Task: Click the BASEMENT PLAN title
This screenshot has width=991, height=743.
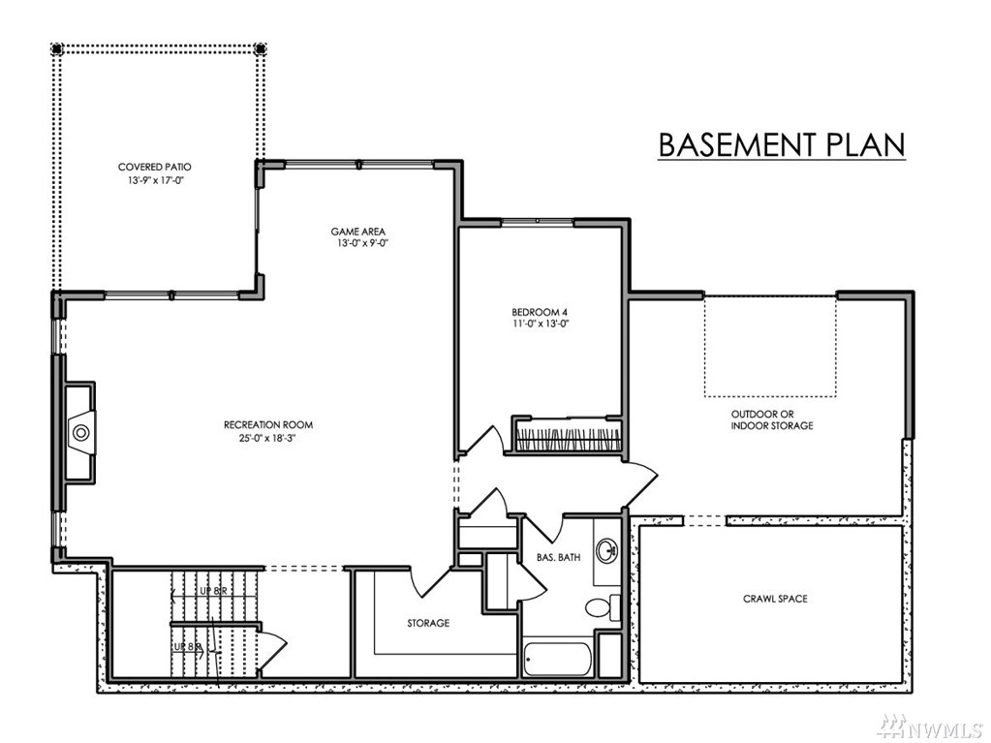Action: (782, 144)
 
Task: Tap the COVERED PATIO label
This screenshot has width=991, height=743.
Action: (155, 168)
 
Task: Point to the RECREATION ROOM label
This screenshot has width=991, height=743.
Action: (268, 424)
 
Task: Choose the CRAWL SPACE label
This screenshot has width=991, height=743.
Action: (776, 599)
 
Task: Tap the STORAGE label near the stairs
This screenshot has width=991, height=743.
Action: (428, 623)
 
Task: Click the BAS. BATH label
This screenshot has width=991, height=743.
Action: (559, 557)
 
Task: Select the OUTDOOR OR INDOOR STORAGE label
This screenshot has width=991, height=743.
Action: (772, 420)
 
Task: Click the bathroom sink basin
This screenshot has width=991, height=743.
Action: (606, 549)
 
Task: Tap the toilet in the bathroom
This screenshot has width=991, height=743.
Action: (603, 607)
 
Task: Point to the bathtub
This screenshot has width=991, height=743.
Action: (557, 660)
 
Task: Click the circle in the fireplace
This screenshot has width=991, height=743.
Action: (81, 433)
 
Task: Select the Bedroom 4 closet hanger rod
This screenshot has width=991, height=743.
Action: (567, 439)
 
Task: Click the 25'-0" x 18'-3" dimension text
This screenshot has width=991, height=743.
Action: (268, 437)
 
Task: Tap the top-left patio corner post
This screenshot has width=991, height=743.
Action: (57, 48)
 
